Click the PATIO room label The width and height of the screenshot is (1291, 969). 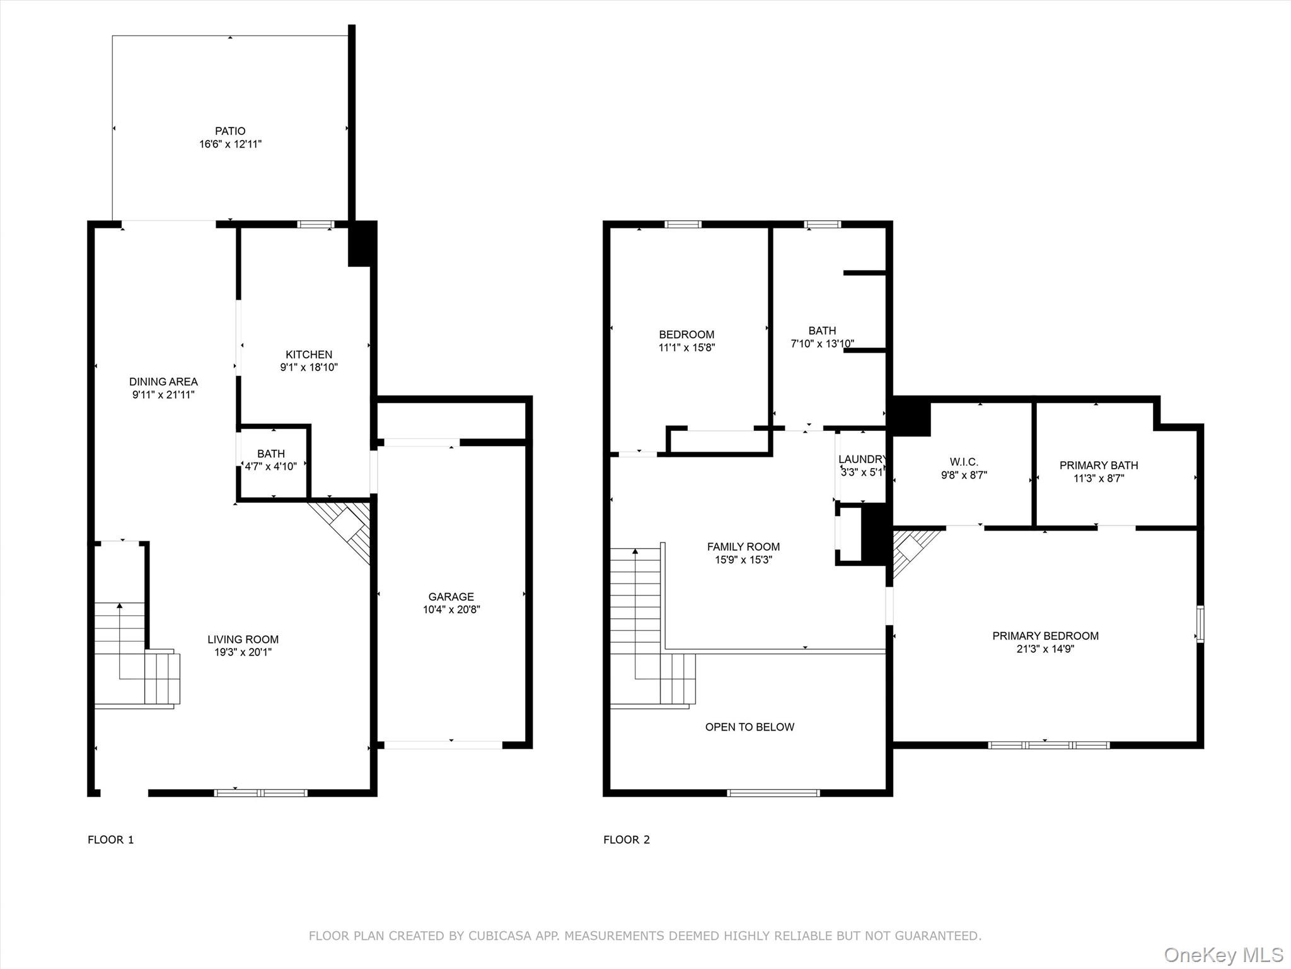tap(230, 131)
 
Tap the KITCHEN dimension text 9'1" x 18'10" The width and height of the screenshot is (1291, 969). tap(309, 367)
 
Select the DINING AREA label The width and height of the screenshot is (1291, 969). tap(163, 382)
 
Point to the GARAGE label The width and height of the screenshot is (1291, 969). tap(451, 597)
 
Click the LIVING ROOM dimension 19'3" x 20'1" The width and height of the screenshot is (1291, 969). tap(243, 652)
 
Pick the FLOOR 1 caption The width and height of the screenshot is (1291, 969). tap(111, 840)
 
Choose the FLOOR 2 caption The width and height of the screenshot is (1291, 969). tap(627, 840)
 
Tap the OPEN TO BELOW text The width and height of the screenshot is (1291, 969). tap(750, 727)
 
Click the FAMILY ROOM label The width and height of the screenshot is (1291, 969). tap(743, 547)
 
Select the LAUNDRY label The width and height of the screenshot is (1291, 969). tap(862, 459)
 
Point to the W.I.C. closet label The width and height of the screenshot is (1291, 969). tap(964, 462)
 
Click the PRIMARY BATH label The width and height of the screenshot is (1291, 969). tap(1099, 466)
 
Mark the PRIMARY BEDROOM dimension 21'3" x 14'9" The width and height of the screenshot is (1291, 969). tap(1045, 649)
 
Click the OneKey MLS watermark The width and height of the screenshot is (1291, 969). tap(1224, 955)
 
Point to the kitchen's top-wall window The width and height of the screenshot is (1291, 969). tap(316, 224)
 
